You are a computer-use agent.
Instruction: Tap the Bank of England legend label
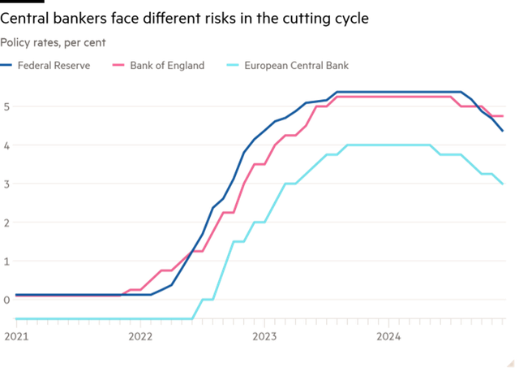click(x=167, y=64)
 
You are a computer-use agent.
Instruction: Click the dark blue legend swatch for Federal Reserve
click(x=6, y=64)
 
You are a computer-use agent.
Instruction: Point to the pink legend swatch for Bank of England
click(x=116, y=64)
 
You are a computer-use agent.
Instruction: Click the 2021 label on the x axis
click(x=15, y=335)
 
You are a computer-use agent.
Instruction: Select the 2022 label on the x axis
click(x=140, y=335)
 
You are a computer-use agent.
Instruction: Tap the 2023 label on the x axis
click(x=264, y=335)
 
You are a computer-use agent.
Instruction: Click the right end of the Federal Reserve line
click(x=504, y=131)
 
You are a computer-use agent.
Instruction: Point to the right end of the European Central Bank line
click(x=504, y=184)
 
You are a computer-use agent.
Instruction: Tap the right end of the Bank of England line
click(x=504, y=117)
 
